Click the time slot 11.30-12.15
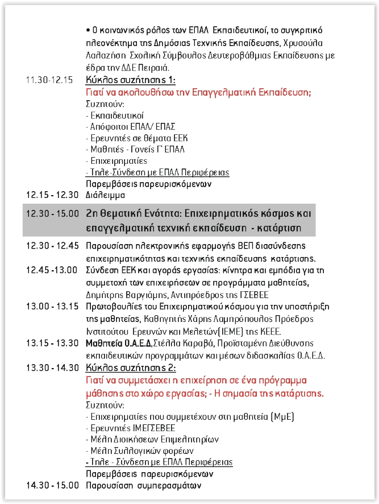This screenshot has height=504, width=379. [x=49, y=80]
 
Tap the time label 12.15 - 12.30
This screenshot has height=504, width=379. [x=52, y=195]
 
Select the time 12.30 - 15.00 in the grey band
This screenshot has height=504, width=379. [x=52, y=214]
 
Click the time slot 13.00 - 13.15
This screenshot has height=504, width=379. [x=52, y=307]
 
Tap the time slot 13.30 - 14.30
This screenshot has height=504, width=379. [x=52, y=367]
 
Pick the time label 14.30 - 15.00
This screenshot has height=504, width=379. [x=52, y=485]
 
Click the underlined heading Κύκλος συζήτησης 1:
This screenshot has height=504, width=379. [x=131, y=80]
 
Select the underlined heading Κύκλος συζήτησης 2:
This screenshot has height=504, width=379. [x=131, y=367]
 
